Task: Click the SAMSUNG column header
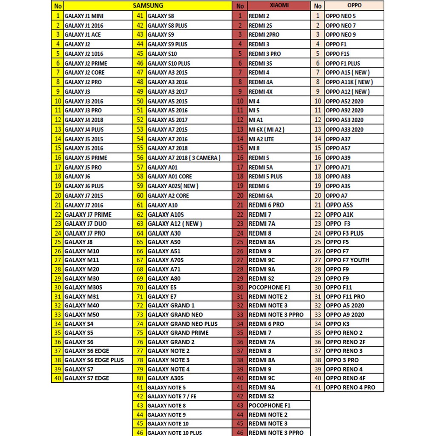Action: (x=148, y=6)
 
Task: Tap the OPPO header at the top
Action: (x=342, y=6)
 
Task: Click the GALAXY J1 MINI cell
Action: (x=84, y=16)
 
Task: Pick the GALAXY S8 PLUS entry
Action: (x=167, y=26)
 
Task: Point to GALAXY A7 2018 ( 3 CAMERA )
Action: (x=184, y=158)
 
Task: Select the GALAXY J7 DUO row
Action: (x=86, y=224)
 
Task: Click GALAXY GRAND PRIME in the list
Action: (x=178, y=333)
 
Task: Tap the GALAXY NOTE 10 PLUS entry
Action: (x=175, y=433)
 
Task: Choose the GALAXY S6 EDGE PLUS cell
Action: (x=94, y=360)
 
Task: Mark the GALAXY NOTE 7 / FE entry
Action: (x=172, y=396)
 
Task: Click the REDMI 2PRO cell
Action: (x=264, y=35)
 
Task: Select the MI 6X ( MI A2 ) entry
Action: (x=267, y=129)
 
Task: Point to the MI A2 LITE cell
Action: (x=261, y=139)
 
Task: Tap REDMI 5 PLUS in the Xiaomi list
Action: (x=265, y=176)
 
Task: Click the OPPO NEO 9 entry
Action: (x=341, y=35)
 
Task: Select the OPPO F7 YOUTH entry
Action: (x=347, y=260)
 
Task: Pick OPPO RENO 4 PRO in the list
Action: (x=350, y=387)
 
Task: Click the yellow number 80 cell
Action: (x=139, y=378)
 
